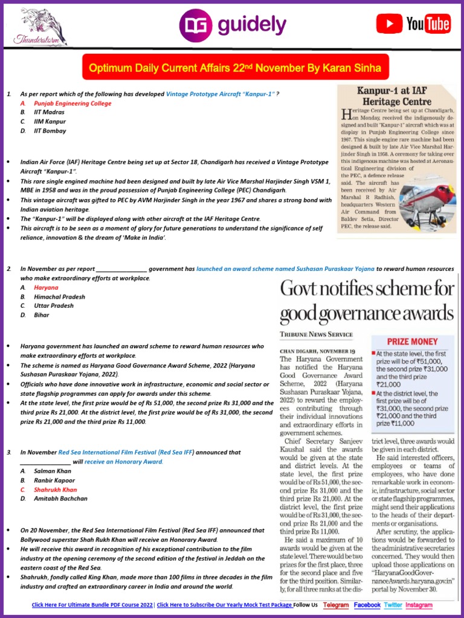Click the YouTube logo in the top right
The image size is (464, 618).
413,24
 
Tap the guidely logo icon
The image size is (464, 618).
195,25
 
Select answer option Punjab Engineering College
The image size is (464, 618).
72,103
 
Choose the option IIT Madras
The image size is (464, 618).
50,112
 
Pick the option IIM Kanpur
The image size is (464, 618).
50,121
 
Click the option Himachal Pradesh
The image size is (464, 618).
59,297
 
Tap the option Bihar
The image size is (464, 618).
42,315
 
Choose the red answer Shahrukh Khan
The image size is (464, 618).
56,489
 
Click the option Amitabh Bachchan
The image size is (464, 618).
60,499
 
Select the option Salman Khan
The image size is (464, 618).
53,471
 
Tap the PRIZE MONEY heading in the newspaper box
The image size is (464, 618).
413,340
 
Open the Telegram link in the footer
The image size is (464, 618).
336,605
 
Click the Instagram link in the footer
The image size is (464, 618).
419,605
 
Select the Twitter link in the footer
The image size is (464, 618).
393,605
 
